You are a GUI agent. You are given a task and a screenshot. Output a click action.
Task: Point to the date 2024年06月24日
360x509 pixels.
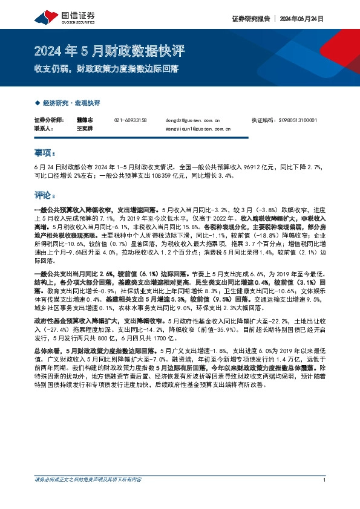[301, 19]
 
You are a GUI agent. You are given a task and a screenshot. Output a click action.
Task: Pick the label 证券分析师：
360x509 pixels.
[48, 120]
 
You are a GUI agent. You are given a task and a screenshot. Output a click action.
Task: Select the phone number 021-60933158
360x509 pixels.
[130, 120]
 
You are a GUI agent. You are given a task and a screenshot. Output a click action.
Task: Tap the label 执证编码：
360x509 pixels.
[263, 120]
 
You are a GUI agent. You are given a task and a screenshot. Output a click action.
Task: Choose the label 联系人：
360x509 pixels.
[44, 129]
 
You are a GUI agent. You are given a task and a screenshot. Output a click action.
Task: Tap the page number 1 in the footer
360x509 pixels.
[325, 498]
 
